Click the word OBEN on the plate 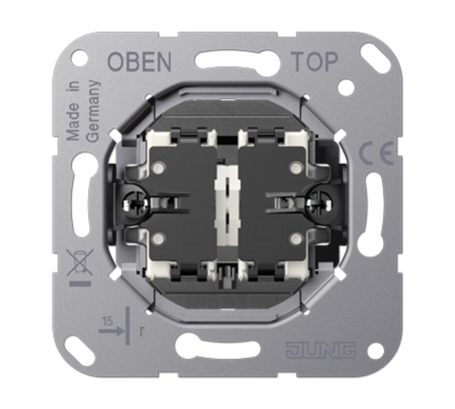[x=139, y=62]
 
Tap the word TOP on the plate [x=314, y=62]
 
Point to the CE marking [x=376, y=153]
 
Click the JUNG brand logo [x=320, y=350]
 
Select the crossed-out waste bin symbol [x=80, y=263]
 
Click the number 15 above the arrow [x=107, y=321]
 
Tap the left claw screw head [x=136, y=204]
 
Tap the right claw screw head [x=319, y=204]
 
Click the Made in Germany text [x=83, y=111]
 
